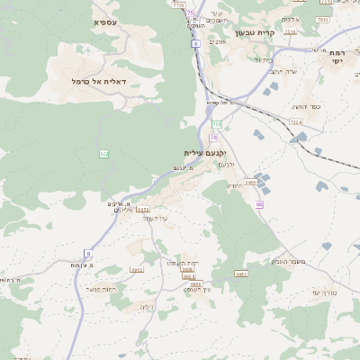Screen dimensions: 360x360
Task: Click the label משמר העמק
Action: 286,261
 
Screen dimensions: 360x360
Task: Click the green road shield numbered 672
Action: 104,155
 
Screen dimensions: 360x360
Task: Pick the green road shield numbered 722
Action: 216,123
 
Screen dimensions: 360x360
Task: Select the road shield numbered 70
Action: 213,137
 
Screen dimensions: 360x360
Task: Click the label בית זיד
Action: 260,59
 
